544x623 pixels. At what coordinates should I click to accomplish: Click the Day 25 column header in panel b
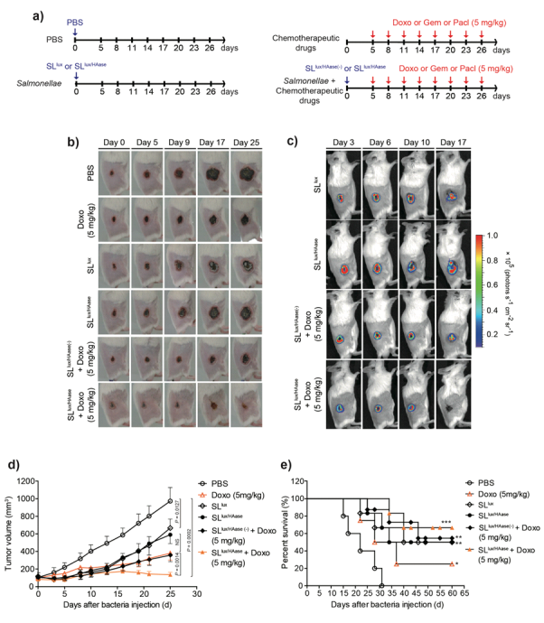pos(249,143)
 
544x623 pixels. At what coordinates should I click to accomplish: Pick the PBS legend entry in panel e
pos(486,484)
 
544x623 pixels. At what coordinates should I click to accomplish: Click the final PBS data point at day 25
pos(170,501)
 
